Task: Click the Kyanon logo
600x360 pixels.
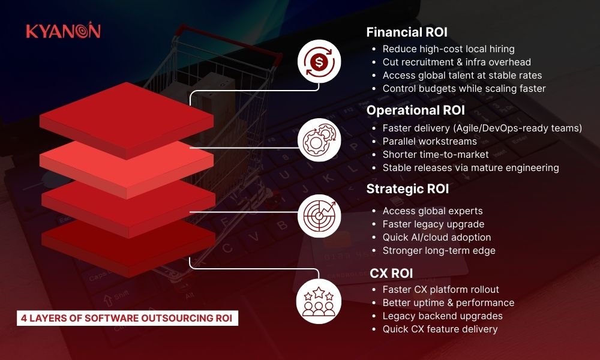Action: (63, 32)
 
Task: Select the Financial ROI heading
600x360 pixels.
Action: (407, 32)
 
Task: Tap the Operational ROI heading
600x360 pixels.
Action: (416, 110)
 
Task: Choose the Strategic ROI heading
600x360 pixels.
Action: (407, 189)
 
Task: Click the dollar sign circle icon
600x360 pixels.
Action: (319, 61)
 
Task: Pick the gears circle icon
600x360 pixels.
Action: (319, 139)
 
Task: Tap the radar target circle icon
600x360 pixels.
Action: (319, 214)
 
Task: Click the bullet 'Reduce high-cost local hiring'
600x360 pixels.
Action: (448, 49)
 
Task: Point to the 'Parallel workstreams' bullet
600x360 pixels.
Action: (430, 142)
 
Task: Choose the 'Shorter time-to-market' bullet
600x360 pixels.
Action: (436, 155)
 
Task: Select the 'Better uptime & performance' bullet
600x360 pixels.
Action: (448, 302)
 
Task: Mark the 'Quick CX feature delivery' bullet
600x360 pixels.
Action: (440, 329)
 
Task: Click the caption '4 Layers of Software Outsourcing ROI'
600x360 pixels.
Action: (127, 318)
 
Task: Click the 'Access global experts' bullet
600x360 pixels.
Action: (433, 211)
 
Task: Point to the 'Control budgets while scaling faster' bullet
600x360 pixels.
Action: (464, 88)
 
